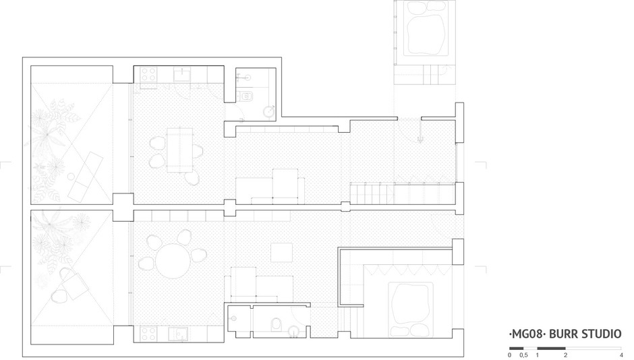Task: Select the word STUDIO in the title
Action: coord(601,334)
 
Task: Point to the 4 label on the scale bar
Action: coord(621,355)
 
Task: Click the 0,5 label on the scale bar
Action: coord(523,355)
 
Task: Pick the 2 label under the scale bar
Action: coord(565,355)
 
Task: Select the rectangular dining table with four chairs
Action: coord(180,150)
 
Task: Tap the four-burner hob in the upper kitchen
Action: coord(148,74)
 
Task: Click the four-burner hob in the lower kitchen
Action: coord(148,333)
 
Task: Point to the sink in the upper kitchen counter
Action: coord(183,74)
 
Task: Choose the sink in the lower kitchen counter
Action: coord(178,333)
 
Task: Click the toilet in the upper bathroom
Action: coord(246,96)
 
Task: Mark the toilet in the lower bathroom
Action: coord(276,324)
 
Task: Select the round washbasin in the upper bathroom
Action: coord(269,111)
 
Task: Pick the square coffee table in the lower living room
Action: coord(281,253)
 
